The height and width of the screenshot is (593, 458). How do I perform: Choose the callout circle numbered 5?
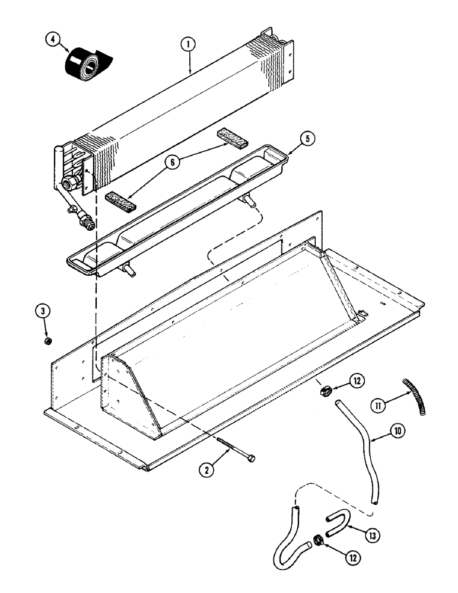click(x=306, y=139)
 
